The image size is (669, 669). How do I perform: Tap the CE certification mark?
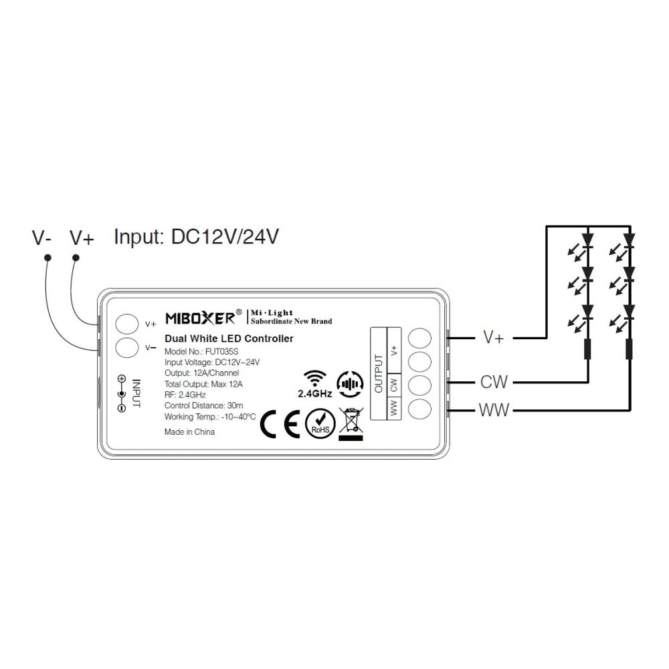point(280,424)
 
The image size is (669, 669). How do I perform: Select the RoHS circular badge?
point(320,423)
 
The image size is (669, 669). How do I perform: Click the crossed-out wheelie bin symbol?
point(351,424)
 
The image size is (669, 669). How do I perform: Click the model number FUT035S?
point(221,352)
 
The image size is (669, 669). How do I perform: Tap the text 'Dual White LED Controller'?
point(229,339)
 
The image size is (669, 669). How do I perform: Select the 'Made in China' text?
point(189,432)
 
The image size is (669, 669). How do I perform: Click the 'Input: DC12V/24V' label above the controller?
point(197,236)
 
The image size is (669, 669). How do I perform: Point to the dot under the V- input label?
point(47,258)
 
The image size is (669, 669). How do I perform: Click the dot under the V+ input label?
point(76,258)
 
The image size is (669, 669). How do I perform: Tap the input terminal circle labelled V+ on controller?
point(127,323)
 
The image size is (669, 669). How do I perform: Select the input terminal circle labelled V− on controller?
point(127,347)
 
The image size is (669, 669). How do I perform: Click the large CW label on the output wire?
point(494,382)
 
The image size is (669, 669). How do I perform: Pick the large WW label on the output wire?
point(494,410)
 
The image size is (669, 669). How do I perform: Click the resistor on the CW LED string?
point(588,349)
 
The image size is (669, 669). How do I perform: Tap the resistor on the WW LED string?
point(629,349)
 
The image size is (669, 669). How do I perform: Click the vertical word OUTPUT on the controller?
point(379,373)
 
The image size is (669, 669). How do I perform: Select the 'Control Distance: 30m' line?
point(203,405)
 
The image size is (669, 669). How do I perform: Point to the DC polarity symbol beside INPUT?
point(122,393)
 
